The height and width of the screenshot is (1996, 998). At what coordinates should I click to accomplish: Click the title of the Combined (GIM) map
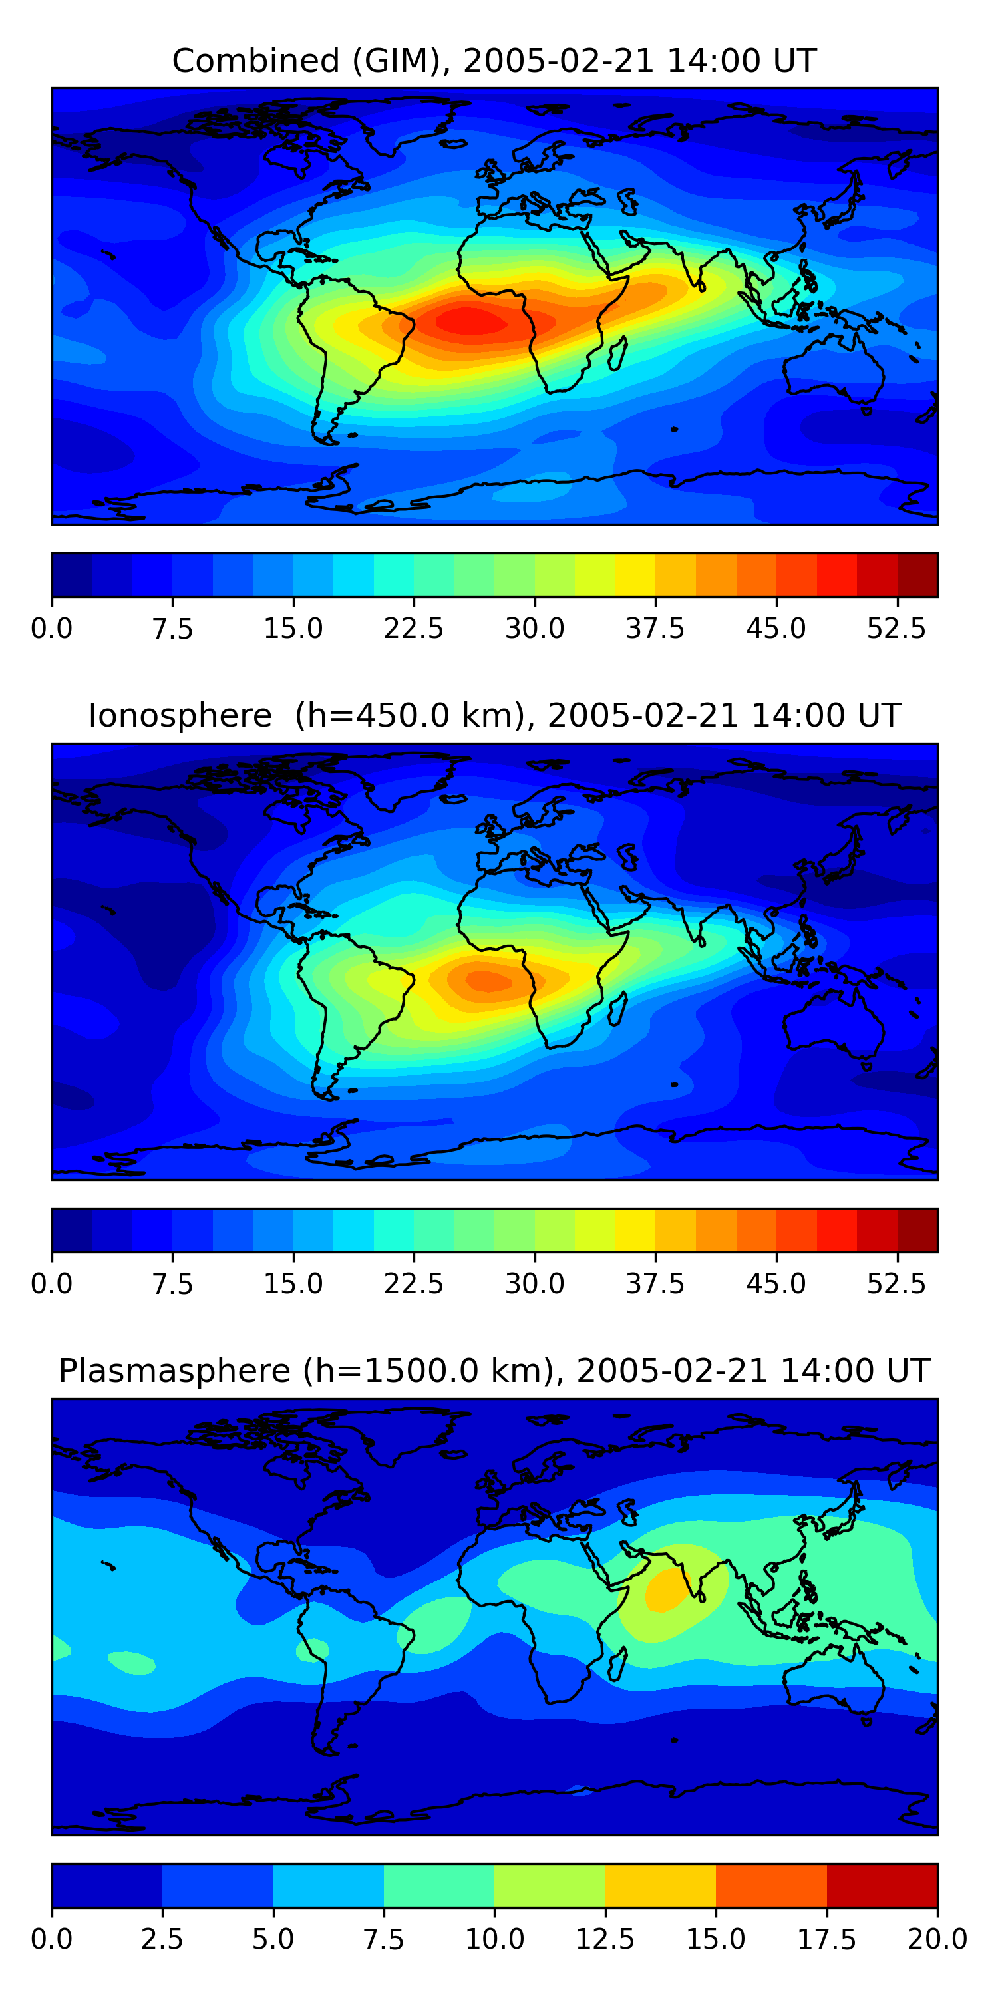(x=494, y=61)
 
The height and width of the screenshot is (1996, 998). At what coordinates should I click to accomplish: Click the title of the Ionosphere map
(x=494, y=715)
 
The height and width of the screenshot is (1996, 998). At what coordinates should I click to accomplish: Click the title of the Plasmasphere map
(x=494, y=1371)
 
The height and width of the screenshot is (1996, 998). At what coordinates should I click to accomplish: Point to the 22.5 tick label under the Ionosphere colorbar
(x=414, y=1284)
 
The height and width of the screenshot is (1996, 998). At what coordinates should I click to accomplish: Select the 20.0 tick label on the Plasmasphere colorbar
(x=937, y=1939)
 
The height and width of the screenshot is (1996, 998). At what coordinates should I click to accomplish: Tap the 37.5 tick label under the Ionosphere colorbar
(x=655, y=1284)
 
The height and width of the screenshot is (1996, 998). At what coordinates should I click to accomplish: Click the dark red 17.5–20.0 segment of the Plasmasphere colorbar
(x=882, y=1885)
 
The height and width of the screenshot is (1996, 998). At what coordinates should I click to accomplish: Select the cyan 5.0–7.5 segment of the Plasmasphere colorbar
(x=329, y=1885)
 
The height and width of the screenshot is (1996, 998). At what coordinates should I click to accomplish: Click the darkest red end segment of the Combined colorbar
(x=917, y=575)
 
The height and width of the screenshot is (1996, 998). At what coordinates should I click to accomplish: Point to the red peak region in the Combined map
(x=470, y=321)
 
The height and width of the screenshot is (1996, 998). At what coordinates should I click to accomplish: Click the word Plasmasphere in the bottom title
(x=174, y=1371)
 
